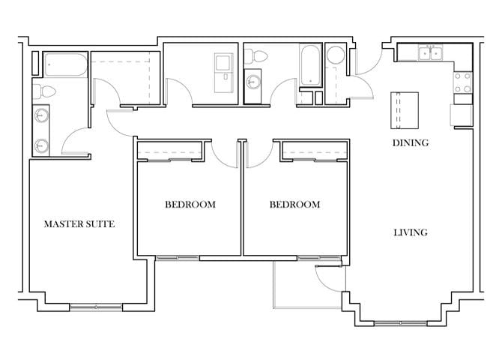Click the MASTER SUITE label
[x=79, y=224]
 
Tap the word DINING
[x=411, y=143]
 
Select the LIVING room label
[x=411, y=232]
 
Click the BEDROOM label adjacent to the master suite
[x=190, y=205]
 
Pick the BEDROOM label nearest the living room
[x=294, y=205]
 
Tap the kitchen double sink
[x=432, y=53]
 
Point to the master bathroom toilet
[x=47, y=91]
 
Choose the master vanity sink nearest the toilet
[x=42, y=116]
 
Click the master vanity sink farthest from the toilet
[x=42, y=145]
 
